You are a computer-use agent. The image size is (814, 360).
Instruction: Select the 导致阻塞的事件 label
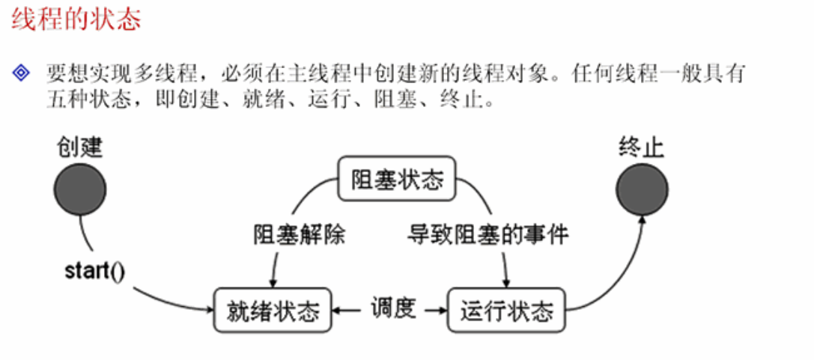(488, 236)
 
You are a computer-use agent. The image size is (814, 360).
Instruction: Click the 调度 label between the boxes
(393, 308)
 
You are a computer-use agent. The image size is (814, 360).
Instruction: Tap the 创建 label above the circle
(79, 147)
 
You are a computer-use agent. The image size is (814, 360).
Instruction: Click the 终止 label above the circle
(642, 147)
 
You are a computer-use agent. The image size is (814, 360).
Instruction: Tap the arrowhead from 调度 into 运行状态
(442, 309)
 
